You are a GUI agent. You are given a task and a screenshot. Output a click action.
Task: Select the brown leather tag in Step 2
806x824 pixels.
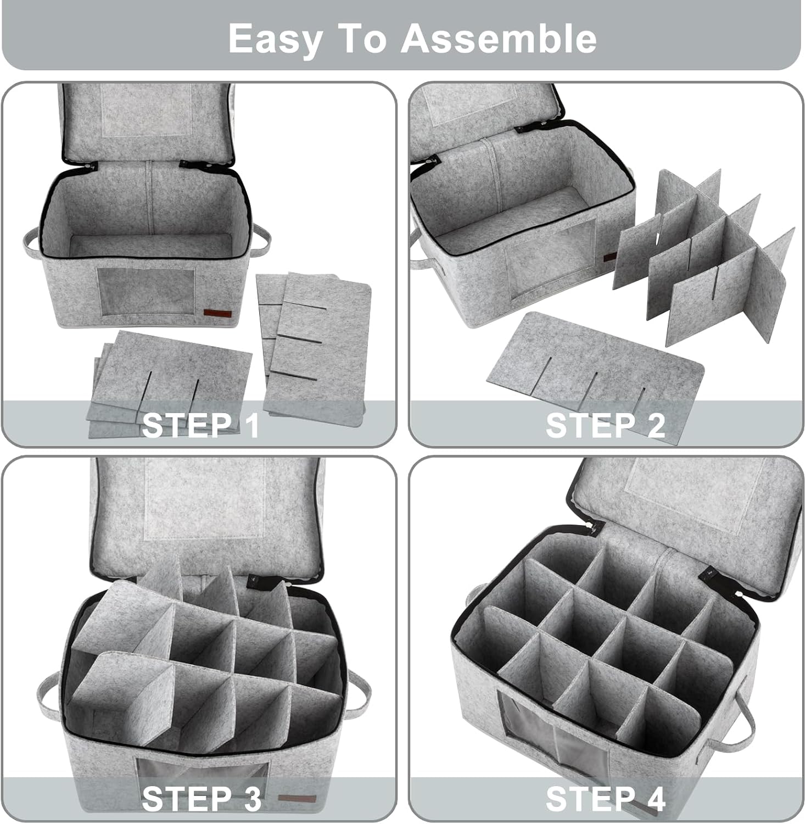[x=609, y=258]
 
